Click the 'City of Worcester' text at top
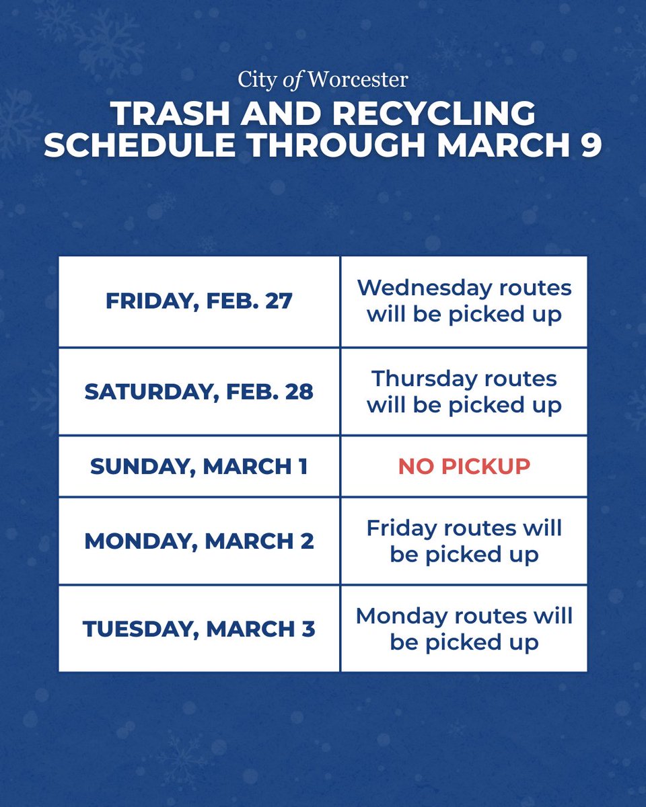(x=322, y=80)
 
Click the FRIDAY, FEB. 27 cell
(x=199, y=301)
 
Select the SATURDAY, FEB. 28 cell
(x=199, y=392)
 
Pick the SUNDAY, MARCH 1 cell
(x=199, y=467)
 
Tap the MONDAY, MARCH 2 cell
(x=199, y=541)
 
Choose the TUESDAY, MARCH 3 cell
(x=199, y=629)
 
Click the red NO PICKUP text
(x=464, y=467)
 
